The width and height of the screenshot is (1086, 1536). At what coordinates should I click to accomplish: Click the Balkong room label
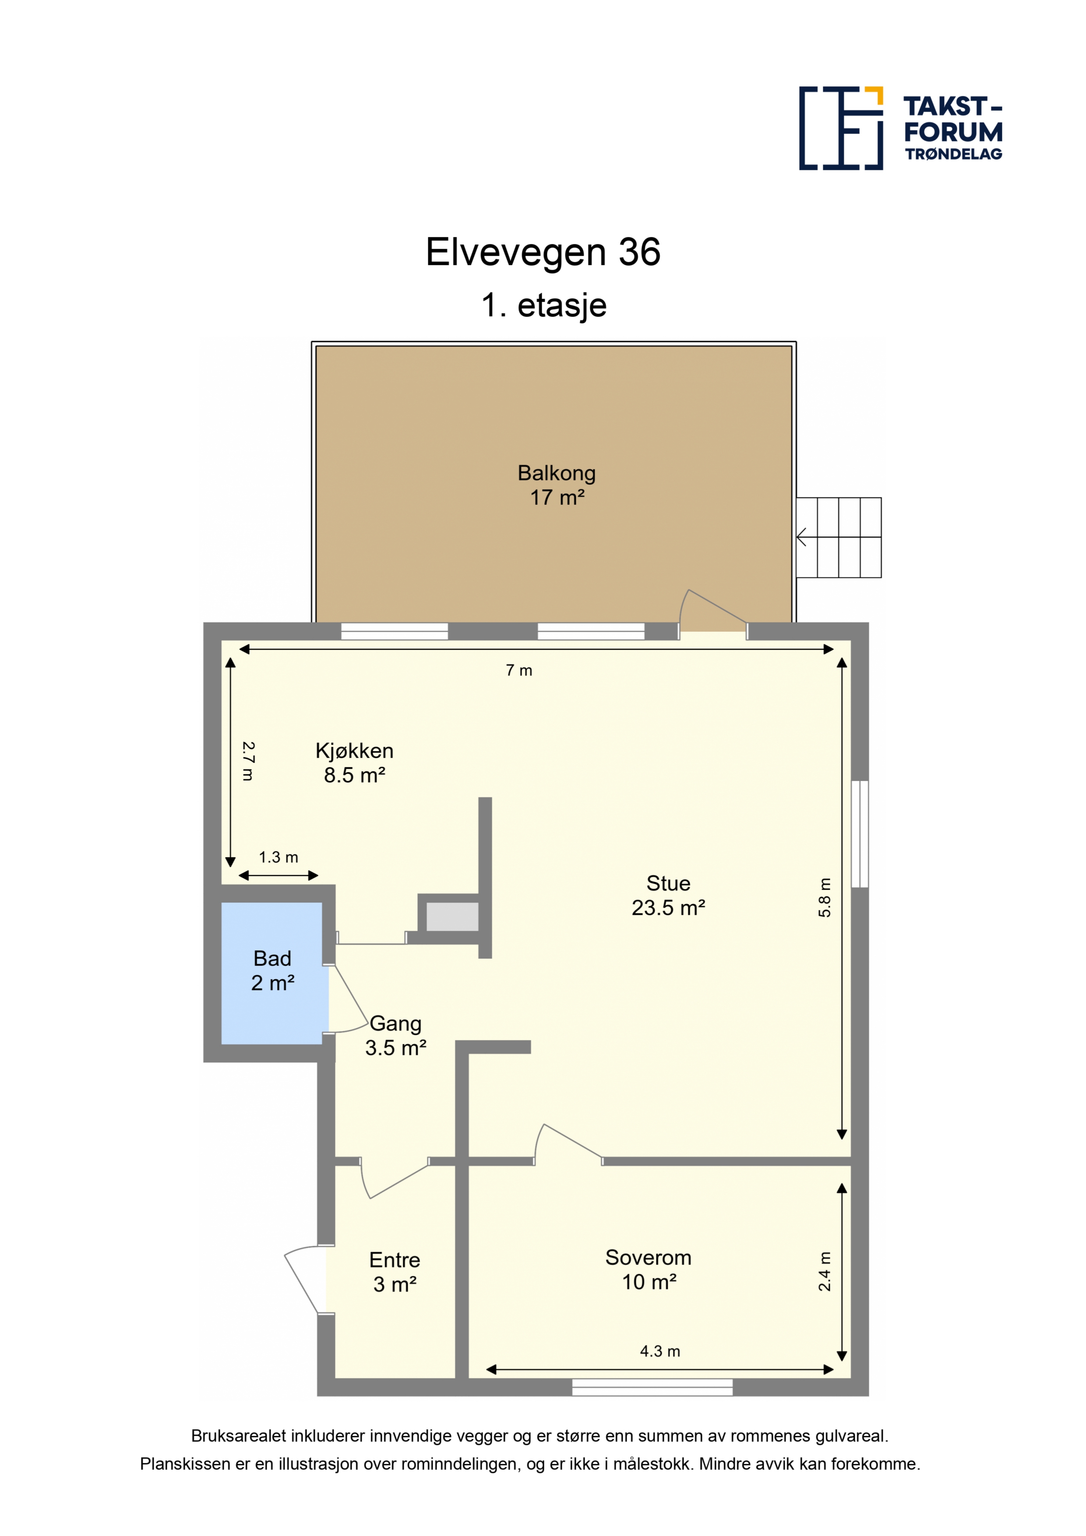click(557, 485)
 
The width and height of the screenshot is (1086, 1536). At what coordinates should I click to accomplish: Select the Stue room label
click(669, 895)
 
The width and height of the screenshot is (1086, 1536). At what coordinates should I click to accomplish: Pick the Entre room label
click(395, 1272)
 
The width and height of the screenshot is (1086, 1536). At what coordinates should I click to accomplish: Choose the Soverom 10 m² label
click(649, 1269)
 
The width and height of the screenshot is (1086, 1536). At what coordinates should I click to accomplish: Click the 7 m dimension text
click(519, 670)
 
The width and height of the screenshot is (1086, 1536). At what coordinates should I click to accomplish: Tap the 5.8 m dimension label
click(825, 897)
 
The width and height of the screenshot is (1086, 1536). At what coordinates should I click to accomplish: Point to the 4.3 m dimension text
click(660, 1351)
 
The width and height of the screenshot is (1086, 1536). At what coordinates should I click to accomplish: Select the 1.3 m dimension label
click(279, 857)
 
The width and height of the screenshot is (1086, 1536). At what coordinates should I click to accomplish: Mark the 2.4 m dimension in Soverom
click(825, 1271)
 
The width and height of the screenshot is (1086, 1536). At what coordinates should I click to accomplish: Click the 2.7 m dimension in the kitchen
click(247, 761)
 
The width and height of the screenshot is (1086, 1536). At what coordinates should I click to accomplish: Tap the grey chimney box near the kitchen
click(452, 917)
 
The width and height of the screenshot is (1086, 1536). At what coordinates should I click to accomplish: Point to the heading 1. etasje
click(543, 306)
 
